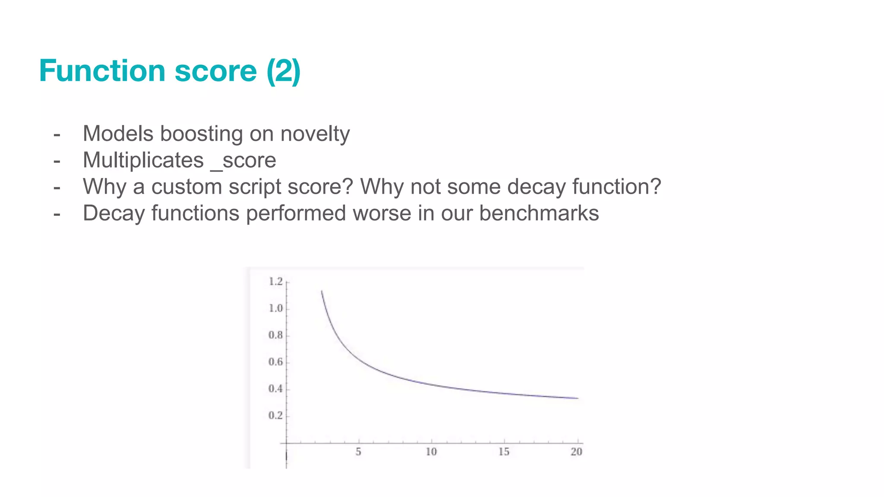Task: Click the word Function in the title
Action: (x=102, y=71)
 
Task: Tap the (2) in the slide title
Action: (x=283, y=71)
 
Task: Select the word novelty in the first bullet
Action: (x=315, y=134)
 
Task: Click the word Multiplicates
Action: (x=143, y=160)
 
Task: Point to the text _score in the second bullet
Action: (x=243, y=161)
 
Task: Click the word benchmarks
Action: (x=539, y=213)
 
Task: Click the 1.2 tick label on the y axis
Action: (x=275, y=282)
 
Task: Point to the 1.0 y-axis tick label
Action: (x=275, y=308)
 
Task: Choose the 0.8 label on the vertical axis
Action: (x=275, y=335)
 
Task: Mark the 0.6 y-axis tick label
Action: (x=275, y=362)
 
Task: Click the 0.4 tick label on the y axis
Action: (x=275, y=389)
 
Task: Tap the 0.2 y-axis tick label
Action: (x=275, y=415)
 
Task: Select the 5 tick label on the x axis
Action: (x=358, y=452)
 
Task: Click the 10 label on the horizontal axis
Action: (x=431, y=452)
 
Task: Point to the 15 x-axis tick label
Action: (x=504, y=452)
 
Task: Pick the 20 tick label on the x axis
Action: (x=576, y=452)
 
